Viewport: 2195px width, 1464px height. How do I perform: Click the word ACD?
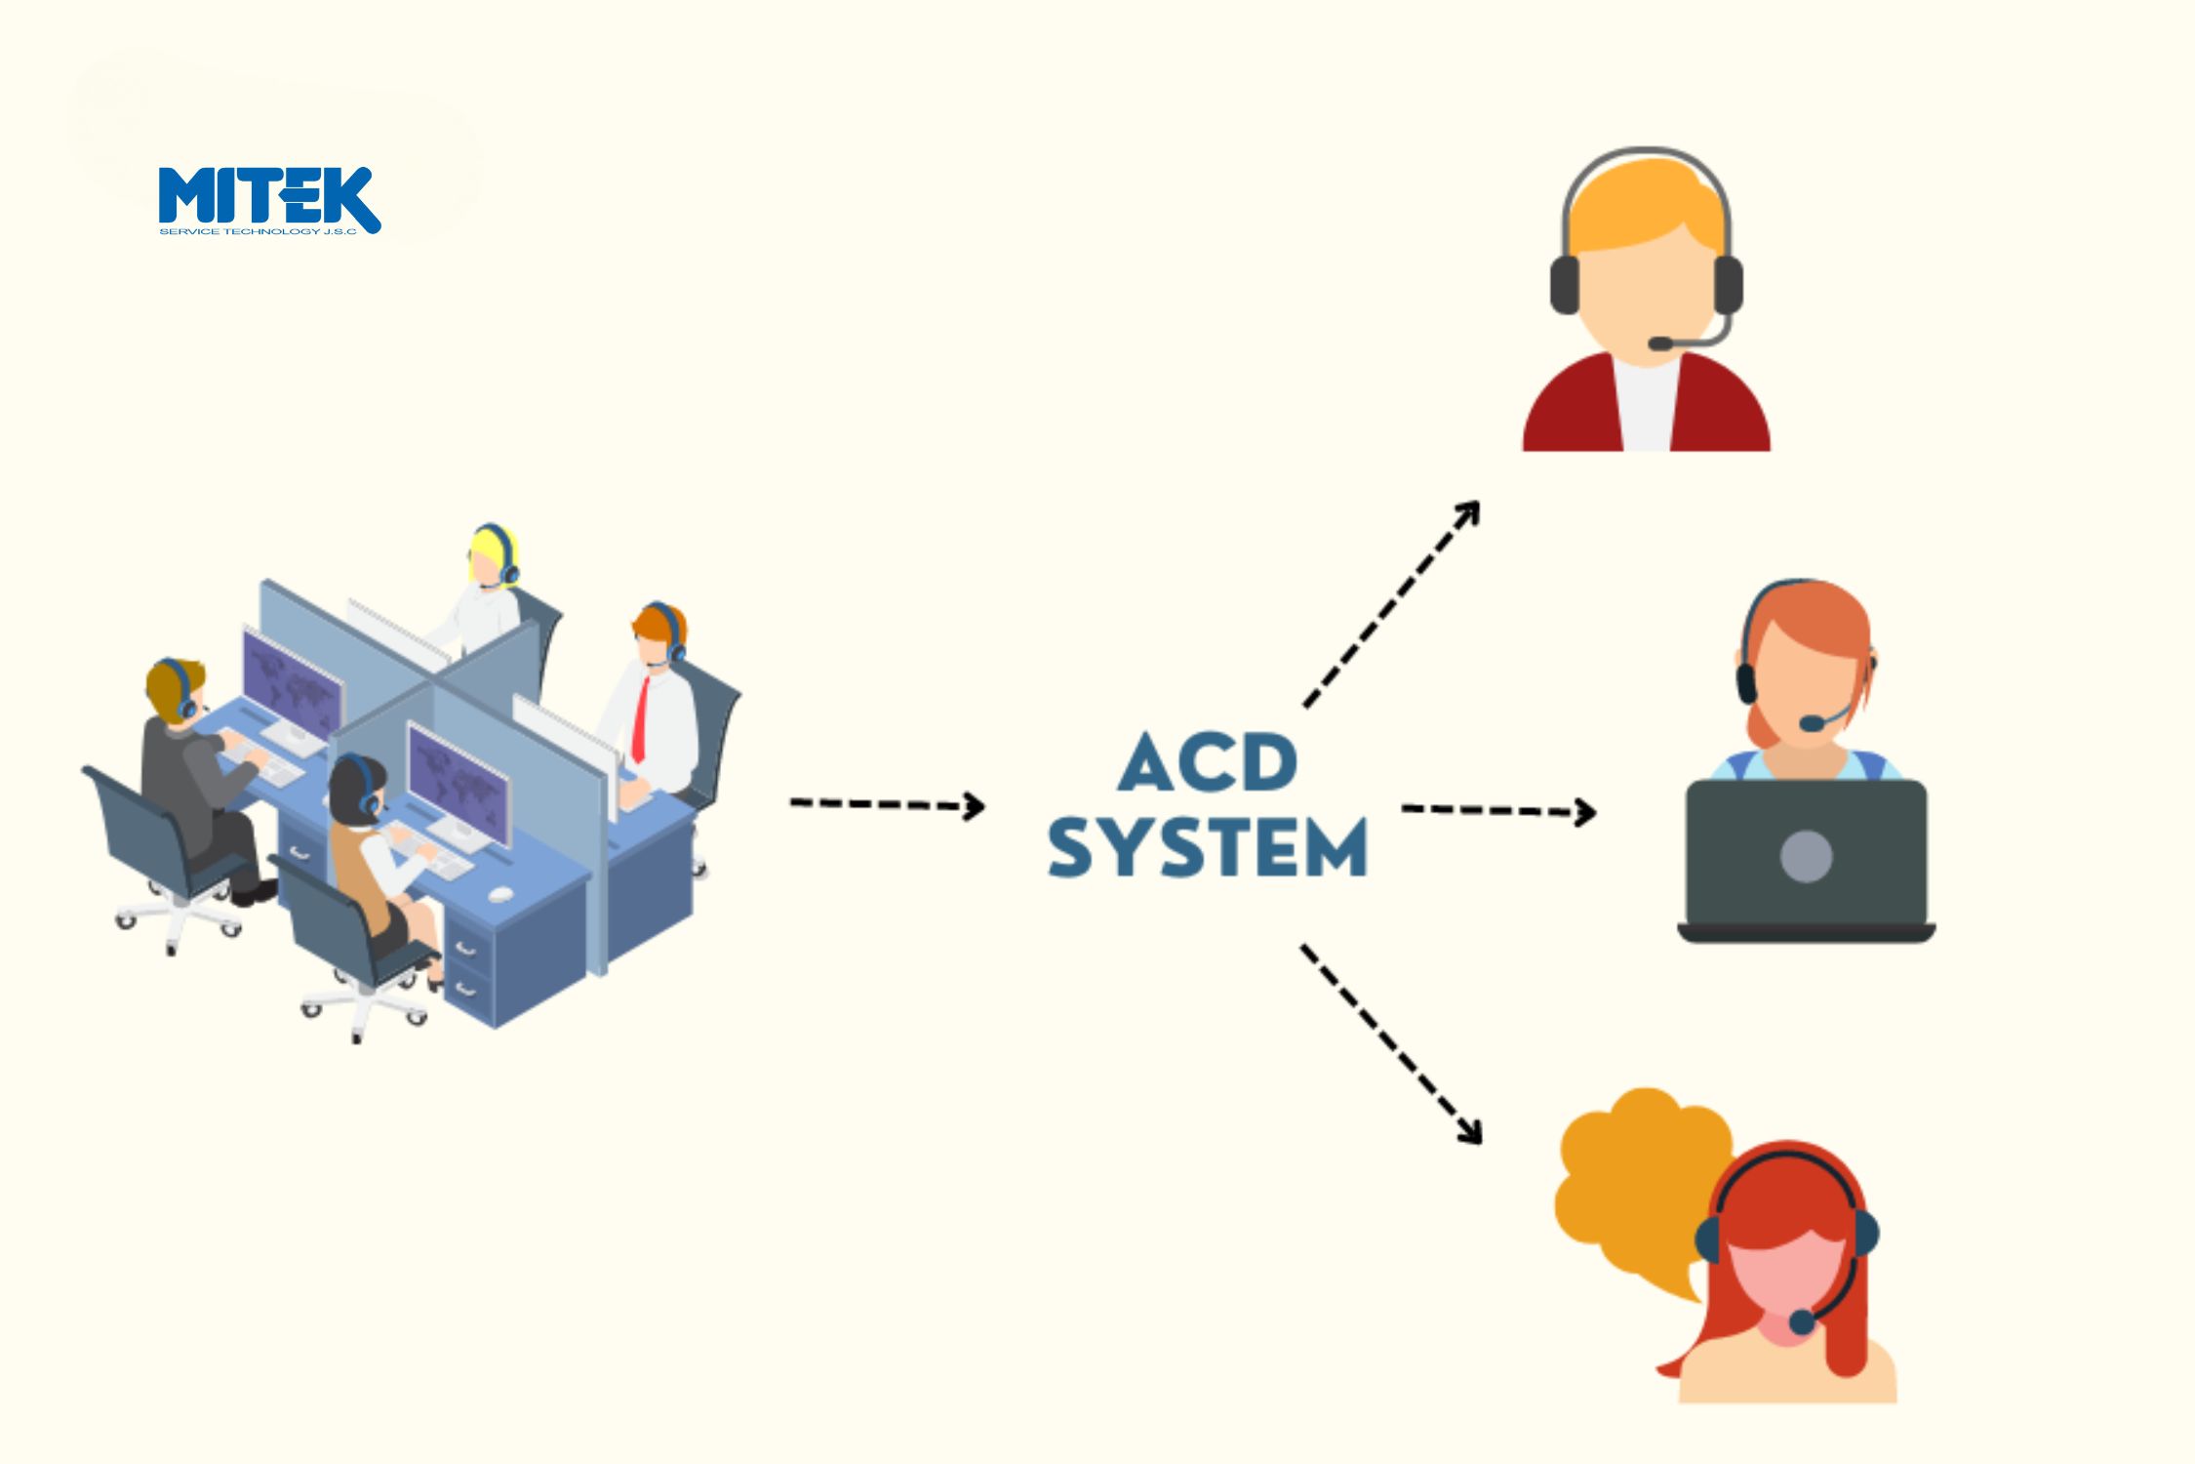(1208, 762)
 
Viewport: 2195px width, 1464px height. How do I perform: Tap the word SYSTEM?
(1208, 847)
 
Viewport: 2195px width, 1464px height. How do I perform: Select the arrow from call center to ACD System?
(886, 804)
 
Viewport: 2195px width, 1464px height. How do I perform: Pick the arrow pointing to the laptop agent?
(1497, 810)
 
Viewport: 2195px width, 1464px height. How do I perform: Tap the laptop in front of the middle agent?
(1806, 859)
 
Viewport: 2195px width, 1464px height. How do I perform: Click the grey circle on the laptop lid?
(1806, 856)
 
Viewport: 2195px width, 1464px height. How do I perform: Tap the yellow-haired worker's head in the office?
(487, 556)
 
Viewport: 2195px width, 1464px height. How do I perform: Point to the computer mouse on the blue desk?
(500, 893)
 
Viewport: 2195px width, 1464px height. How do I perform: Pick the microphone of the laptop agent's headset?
(1811, 723)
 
